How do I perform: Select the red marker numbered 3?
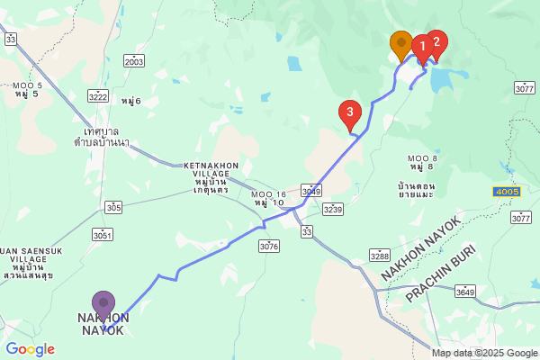(350, 113)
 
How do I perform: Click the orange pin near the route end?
(401, 43)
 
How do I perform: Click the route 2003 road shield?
(134, 61)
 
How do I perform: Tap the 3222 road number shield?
(99, 96)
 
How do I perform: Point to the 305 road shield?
(113, 207)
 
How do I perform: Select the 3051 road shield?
(102, 235)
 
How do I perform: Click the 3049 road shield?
(311, 191)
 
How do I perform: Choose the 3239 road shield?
(333, 209)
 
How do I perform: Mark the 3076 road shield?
(268, 246)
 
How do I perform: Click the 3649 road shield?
(465, 292)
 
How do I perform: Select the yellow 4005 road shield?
(506, 192)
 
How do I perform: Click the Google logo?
(30, 349)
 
